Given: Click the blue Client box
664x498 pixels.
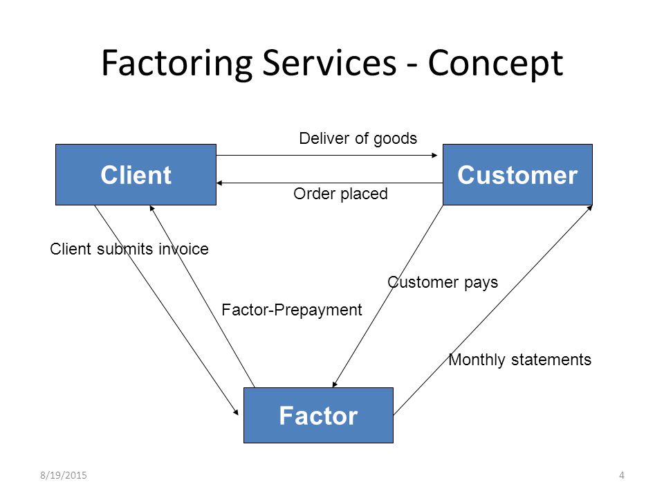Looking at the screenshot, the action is pos(136,174).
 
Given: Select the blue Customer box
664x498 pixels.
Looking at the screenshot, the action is pos(517,174).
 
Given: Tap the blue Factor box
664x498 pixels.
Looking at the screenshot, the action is pos(318,415).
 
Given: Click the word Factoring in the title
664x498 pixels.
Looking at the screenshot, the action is pos(178,63).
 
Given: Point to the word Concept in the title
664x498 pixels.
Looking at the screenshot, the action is pos(495,64).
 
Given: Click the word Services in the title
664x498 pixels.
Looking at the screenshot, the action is pos(329,63).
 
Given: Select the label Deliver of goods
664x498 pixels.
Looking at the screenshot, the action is pos(358,138).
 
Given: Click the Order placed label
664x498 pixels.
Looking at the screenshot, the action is pos(340,194).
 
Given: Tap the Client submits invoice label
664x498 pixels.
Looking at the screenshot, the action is pos(129,249).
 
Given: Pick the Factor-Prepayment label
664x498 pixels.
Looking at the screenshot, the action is pos(292,310).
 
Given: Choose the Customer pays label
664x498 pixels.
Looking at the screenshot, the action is pos(443,282).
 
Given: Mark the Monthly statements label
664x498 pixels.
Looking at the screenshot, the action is pos(519,360).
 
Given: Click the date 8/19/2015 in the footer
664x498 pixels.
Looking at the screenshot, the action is pos(64,475).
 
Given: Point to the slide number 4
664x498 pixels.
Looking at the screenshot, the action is pos(622,475).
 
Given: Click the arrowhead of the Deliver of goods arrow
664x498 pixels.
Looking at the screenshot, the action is pos(434,156).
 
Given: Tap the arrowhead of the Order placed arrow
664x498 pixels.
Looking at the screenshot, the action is pos(219,183).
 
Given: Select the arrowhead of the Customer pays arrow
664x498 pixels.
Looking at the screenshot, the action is pos(335,384).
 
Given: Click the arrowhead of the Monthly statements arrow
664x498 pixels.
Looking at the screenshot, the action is pos(589,208).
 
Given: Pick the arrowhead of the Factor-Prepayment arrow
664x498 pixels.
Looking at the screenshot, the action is pos(152,208).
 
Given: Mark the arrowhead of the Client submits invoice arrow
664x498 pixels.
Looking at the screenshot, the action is pos(236,412).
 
